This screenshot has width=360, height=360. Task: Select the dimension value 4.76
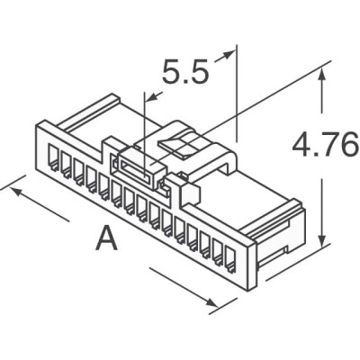pos(323,145)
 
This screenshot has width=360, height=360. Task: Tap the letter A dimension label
pos(107,239)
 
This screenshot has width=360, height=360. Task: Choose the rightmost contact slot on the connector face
pos(229,257)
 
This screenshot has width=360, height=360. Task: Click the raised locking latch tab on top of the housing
pos(184,144)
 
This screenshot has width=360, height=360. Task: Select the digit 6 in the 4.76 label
pos(349,145)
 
